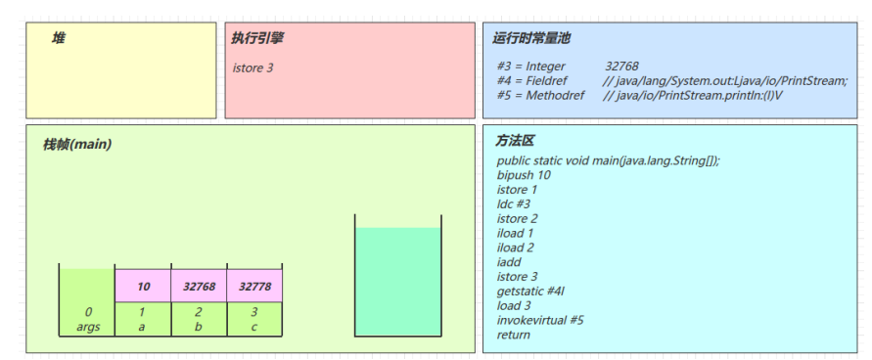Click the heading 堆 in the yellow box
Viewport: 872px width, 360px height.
pos(59,38)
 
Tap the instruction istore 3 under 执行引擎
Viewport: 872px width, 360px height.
pos(252,67)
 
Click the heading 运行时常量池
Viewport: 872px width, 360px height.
pos(532,38)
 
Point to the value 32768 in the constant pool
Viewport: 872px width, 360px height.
pos(621,66)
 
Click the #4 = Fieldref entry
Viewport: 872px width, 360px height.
pos(534,81)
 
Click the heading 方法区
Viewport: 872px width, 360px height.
pos(515,141)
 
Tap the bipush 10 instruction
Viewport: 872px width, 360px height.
pos(524,175)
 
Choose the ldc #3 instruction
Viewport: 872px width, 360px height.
pos(514,203)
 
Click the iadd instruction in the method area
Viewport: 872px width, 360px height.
pos(509,262)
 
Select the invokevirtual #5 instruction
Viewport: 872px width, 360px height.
pos(540,320)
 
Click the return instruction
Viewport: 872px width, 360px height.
pos(514,335)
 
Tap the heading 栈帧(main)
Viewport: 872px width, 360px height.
pos(76,145)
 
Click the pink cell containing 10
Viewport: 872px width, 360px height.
pos(143,286)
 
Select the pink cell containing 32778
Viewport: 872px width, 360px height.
pos(254,286)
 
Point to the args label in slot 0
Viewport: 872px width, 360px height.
pos(88,327)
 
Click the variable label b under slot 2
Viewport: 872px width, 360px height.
pos(199,327)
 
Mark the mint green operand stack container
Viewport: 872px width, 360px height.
pos(397,282)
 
